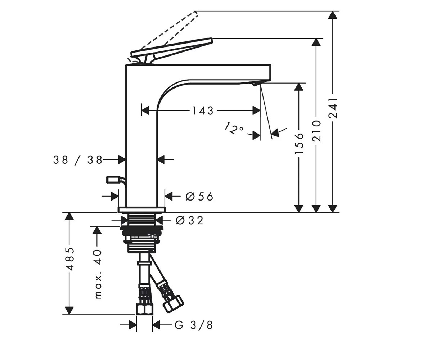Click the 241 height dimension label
(x=333, y=108)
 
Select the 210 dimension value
(x=316, y=131)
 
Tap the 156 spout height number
(x=299, y=143)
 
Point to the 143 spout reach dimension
(x=203, y=111)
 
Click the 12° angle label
(x=234, y=128)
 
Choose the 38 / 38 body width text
(x=78, y=160)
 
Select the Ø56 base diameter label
(x=199, y=196)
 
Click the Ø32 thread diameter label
(x=189, y=221)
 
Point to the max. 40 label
(x=98, y=274)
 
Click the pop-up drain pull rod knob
(x=112, y=180)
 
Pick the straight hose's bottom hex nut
(x=145, y=310)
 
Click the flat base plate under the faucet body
(x=142, y=210)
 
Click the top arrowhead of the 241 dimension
(x=333, y=15)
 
